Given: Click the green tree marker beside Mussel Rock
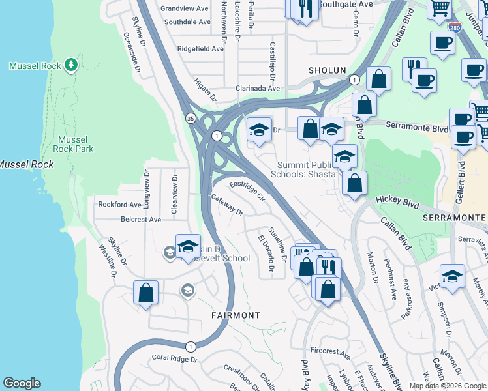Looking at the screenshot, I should click(x=71, y=65).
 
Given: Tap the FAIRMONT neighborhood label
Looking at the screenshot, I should click(x=236, y=315).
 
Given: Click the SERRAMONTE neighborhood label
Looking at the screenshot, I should click(x=455, y=216).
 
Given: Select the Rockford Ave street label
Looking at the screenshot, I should click(x=120, y=204).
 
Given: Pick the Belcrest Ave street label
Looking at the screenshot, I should click(x=140, y=220).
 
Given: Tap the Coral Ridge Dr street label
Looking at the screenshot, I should click(x=174, y=358).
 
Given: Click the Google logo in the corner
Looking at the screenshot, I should click(x=22, y=383).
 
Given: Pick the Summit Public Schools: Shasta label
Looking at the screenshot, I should click(x=307, y=169).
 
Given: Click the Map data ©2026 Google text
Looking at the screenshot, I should click(x=448, y=386).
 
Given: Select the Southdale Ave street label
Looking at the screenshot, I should click(x=187, y=22).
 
